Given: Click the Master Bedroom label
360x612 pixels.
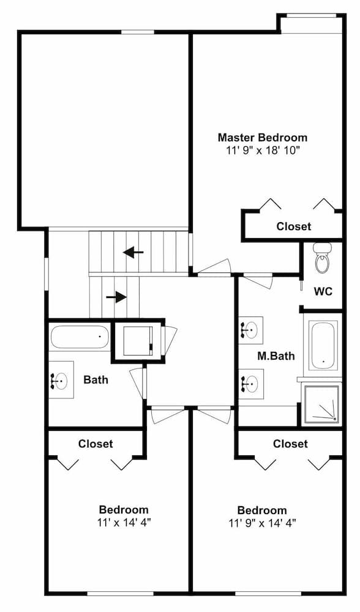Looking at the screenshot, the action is [263, 137].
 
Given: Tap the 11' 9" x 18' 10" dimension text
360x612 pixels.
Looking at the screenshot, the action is [263, 151].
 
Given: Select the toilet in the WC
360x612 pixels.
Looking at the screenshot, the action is [323, 257].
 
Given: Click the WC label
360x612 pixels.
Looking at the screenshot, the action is [323, 291].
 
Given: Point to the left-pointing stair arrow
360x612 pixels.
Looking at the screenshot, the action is [133, 252].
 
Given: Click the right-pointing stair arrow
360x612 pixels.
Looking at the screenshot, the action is [116, 297].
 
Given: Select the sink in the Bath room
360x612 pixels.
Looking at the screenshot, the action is [61, 380].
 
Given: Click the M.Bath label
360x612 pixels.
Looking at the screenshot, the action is [276, 356].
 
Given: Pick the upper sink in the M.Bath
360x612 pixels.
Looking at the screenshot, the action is [250, 330].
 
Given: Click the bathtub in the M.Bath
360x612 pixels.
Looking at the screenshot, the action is [323, 345].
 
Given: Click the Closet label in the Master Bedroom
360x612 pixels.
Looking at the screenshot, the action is [294, 226].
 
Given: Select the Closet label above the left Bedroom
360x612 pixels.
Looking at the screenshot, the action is [96, 444].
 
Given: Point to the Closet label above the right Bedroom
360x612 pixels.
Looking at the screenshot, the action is [290, 444].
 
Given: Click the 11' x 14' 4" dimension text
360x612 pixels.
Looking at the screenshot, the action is [124, 522].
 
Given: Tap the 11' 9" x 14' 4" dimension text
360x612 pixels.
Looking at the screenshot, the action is [263, 523].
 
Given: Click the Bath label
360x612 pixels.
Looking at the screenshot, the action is [96, 379].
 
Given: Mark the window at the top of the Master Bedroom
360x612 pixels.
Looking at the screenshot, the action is [312, 16].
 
